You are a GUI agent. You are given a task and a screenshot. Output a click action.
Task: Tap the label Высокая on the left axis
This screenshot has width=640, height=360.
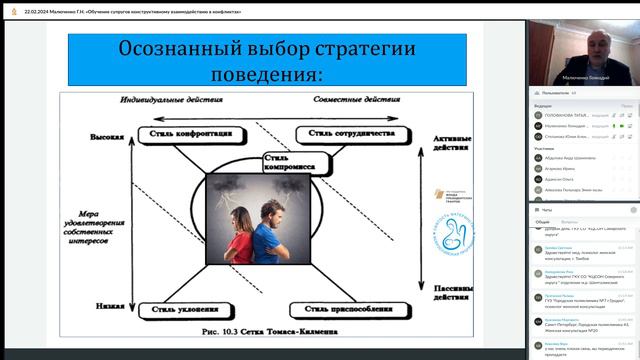pyautogui.click(x=107, y=137)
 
